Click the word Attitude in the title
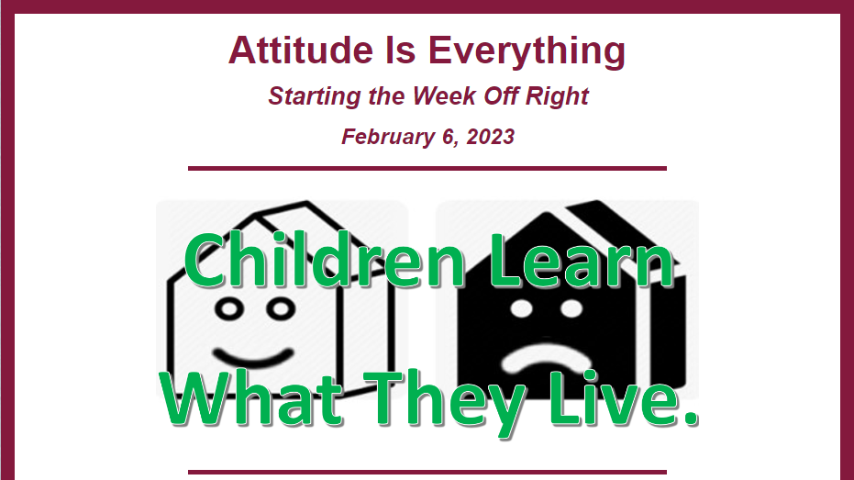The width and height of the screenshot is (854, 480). [301, 50]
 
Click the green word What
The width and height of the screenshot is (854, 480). [251, 397]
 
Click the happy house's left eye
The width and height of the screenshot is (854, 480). [229, 309]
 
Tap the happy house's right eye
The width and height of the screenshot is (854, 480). [281, 309]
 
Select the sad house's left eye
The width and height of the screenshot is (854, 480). [521, 309]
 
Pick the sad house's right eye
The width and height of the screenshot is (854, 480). [571, 309]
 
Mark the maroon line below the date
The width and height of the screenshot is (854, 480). [427, 168]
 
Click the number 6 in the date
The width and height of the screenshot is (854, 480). [448, 137]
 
